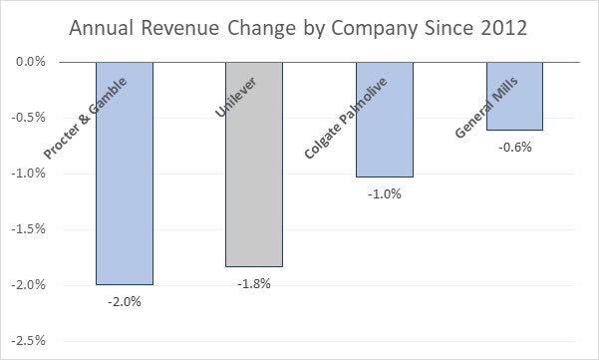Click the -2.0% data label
pyautogui.click(x=125, y=302)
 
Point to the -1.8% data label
pyautogui.click(x=254, y=284)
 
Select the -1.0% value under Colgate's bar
pyautogui.click(x=384, y=194)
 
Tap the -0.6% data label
pyautogui.click(x=514, y=148)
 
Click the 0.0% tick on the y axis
pyautogui.click(x=32, y=62)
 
